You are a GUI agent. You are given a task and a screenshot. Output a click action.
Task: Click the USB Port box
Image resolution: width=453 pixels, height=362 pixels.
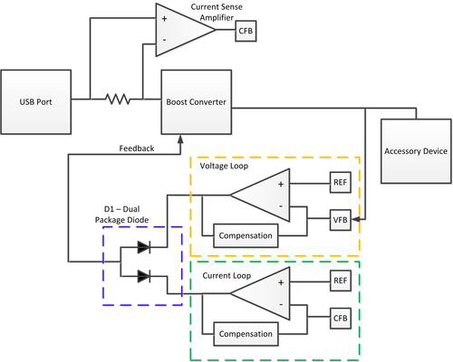(36, 102)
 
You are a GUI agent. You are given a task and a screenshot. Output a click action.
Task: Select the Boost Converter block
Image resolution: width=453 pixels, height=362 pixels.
(197, 102)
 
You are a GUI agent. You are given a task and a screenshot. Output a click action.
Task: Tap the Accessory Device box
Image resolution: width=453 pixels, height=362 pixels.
(416, 151)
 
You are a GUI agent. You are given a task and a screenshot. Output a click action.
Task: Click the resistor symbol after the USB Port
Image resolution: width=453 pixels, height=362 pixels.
(118, 99)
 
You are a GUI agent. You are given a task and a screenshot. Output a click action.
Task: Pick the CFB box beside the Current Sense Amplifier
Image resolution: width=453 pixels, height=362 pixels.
(246, 31)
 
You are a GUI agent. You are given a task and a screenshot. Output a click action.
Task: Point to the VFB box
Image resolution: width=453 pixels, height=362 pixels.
(341, 220)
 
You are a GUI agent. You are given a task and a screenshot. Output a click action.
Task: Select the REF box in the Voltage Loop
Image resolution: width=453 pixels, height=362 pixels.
(341, 182)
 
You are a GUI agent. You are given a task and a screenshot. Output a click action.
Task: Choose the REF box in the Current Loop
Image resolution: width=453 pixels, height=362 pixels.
(341, 281)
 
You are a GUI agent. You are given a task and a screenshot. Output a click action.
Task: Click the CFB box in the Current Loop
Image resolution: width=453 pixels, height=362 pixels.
(341, 319)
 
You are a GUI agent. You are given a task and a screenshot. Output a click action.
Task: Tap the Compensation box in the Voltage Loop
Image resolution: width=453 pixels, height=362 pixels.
(246, 235)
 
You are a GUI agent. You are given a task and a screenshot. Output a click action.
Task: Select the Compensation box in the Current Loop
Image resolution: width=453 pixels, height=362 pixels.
(246, 334)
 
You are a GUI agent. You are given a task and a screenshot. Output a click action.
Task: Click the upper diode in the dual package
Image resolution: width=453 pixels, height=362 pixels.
(144, 247)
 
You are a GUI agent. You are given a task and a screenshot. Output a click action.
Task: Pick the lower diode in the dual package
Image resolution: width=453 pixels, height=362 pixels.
(144, 276)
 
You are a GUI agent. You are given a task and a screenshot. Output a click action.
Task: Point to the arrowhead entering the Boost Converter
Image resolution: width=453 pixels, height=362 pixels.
(180, 138)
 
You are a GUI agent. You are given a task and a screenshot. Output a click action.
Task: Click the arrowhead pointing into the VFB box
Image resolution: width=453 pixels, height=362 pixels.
(355, 219)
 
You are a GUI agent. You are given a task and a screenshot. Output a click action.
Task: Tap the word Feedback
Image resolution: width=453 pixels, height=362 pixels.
(137, 148)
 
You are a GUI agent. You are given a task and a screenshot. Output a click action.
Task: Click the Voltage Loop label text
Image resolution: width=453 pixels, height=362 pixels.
(224, 166)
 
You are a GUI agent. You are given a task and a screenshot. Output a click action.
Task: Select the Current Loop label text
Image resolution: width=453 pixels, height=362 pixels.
(226, 276)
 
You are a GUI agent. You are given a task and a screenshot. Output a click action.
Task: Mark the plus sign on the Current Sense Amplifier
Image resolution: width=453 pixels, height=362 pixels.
(164, 19)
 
